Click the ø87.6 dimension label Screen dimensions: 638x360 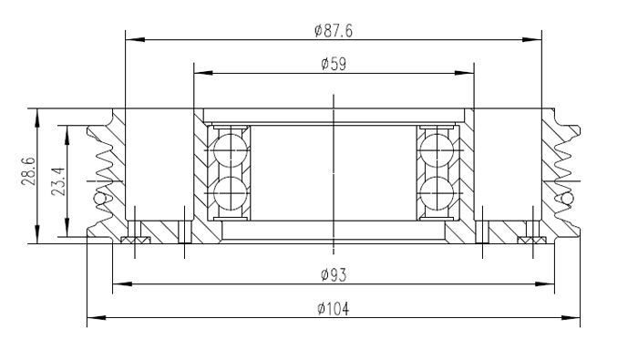(x=334, y=30)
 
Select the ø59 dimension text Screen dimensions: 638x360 (x=334, y=64)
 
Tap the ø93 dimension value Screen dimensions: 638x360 (x=334, y=275)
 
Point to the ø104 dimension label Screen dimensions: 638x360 (x=334, y=309)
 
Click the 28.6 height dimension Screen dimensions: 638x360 (x=28, y=171)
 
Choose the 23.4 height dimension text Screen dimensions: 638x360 (x=58, y=181)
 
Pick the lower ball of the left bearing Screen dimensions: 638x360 (x=231, y=193)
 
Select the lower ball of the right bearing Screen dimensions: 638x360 (x=437, y=193)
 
